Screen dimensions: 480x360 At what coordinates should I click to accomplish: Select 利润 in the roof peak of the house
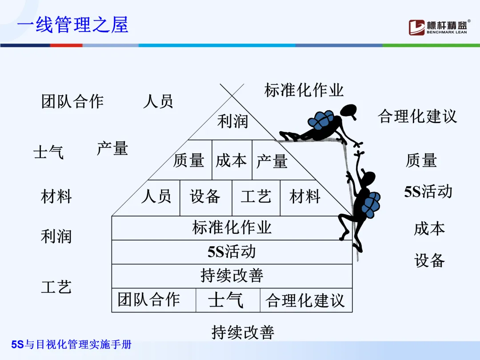[232, 121]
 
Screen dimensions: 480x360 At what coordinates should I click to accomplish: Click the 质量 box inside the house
[189, 160]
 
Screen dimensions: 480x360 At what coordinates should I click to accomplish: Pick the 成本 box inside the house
[231, 160]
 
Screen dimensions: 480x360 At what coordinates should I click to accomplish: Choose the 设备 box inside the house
[205, 196]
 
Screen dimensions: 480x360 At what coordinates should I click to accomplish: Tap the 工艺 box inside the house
[256, 196]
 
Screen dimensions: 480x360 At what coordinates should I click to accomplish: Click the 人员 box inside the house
[156, 196]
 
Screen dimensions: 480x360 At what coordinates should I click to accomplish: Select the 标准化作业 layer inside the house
[232, 228]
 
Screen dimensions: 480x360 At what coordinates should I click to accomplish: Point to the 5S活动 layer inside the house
[232, 252]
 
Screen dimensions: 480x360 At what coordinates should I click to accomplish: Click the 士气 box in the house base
[226, 300]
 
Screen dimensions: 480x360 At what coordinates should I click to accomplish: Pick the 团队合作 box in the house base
[149, 300]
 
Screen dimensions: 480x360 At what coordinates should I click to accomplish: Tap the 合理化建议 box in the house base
[305, 300]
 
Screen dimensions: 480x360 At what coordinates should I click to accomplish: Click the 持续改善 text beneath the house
[243, 332]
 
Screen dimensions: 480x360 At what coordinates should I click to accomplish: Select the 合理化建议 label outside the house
[417, 116]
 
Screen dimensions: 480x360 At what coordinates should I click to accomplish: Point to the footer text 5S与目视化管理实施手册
[72, 344]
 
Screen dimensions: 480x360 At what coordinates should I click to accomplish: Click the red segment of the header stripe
[66, 45]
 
